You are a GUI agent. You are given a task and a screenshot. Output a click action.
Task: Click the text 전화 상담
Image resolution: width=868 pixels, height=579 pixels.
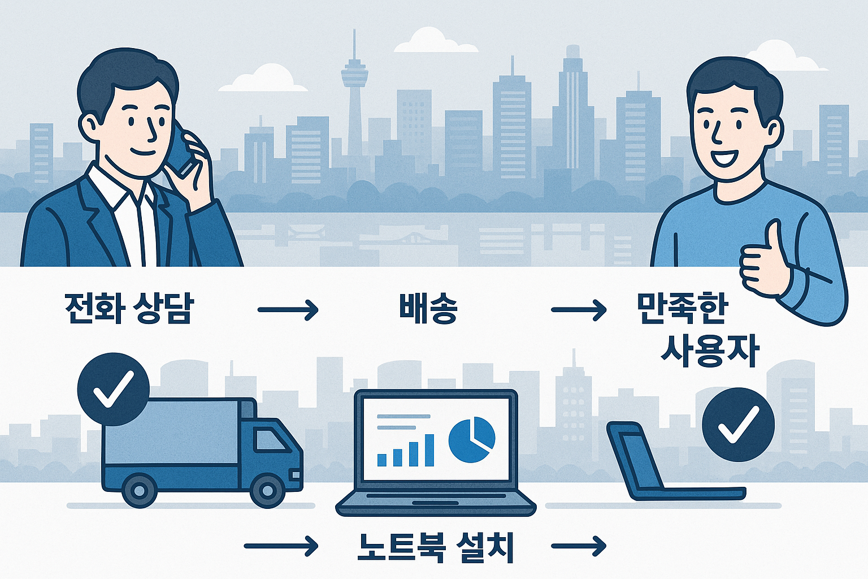pos(129,309)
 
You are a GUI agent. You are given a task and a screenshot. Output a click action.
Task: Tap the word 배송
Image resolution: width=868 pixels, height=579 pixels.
pos(428,309)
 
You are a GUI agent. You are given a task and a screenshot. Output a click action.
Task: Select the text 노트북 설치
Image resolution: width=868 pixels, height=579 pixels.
pos(436,547)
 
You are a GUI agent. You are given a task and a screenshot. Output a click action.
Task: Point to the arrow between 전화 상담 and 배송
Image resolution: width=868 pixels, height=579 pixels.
pos(288,310)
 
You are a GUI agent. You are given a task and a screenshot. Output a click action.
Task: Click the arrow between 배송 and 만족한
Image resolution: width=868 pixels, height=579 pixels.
pos(578,310)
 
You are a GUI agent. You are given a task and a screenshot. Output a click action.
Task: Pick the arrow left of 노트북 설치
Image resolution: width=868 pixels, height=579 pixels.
pos(281,546)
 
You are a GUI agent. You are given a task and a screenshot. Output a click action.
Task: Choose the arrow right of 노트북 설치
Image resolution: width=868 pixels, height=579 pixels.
pos(578,546)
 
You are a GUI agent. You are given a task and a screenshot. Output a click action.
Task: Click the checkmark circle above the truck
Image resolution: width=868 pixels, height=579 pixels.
pos(113,389)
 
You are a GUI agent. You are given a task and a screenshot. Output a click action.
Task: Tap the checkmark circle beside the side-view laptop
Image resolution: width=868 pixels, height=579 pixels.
pos(738,424)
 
